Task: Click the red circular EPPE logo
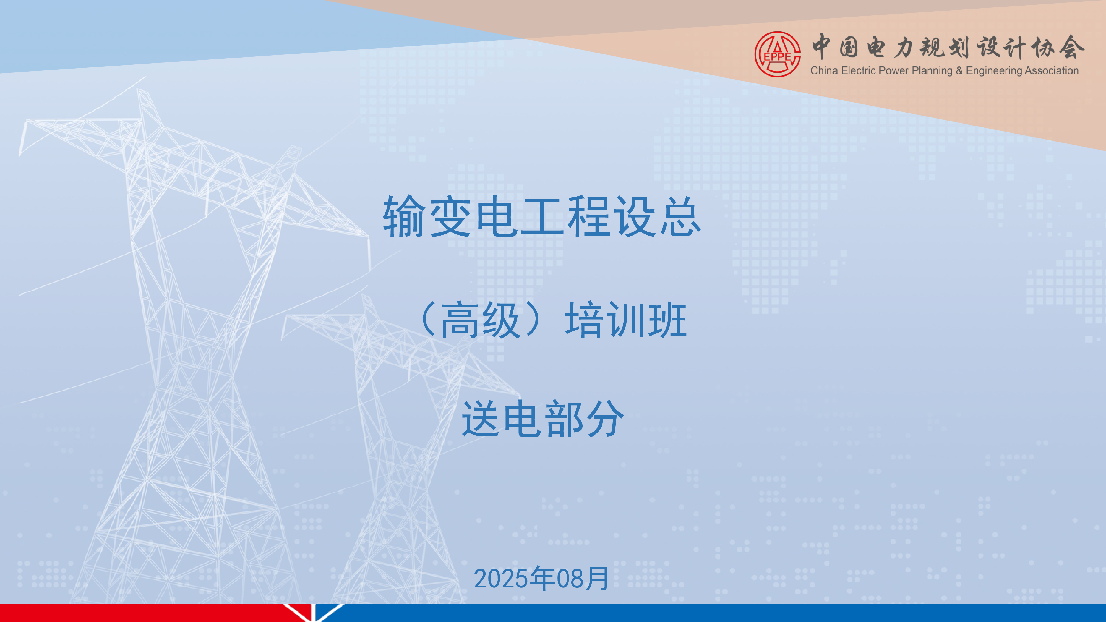click(778, 54)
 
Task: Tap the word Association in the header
click(1052, 70)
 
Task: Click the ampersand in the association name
click(959, 71)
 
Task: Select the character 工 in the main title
click(542, 217)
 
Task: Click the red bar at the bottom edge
click(146, 613)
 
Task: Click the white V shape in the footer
click(314, 613)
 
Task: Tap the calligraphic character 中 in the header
click(821, 47)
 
